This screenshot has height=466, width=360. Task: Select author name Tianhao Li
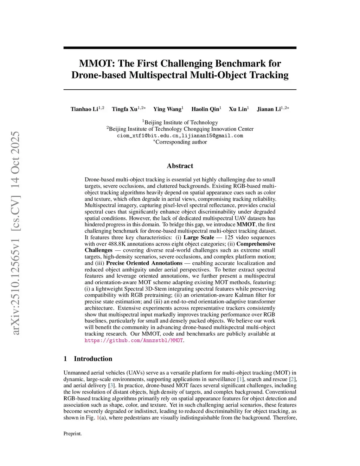pyautogui.click(x=84, y=109)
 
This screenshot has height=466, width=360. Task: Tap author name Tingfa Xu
pyautogui.click(x=124, y=109)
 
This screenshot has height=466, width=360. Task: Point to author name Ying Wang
pyautogui.click(x=167, y=109)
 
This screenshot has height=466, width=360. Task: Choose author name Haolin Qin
pyautogui.click(x=205, y=109)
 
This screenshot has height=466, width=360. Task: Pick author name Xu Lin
pyautogui.click(x=238, y=109)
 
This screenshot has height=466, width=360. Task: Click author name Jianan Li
pyautogui.click(x=269, y=109)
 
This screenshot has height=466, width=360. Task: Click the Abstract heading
pyautogui.click(x=180, y=166)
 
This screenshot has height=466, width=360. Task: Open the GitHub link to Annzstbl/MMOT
pyautogui.click(x=134, y=340)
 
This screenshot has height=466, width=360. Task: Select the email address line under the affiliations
pyautogui.click(x=180, y=136)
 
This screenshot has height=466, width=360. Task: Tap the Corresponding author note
pyautogui.click(x=180, y=142)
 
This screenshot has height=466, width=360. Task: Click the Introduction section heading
pyautogui.click(x=93, y=359)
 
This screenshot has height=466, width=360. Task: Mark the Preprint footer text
pyautogui.click(x=72, y=434)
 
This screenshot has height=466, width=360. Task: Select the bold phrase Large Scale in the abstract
pyautogui.click(x=199, y=237)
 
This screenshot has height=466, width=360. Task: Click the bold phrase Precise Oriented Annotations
pyautogui.click(x=144, y=263)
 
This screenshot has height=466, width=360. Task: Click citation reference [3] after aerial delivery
pyautogui.click(x=111, y=385)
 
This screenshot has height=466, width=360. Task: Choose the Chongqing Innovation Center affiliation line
pyautogui.click(x=180, y=129)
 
